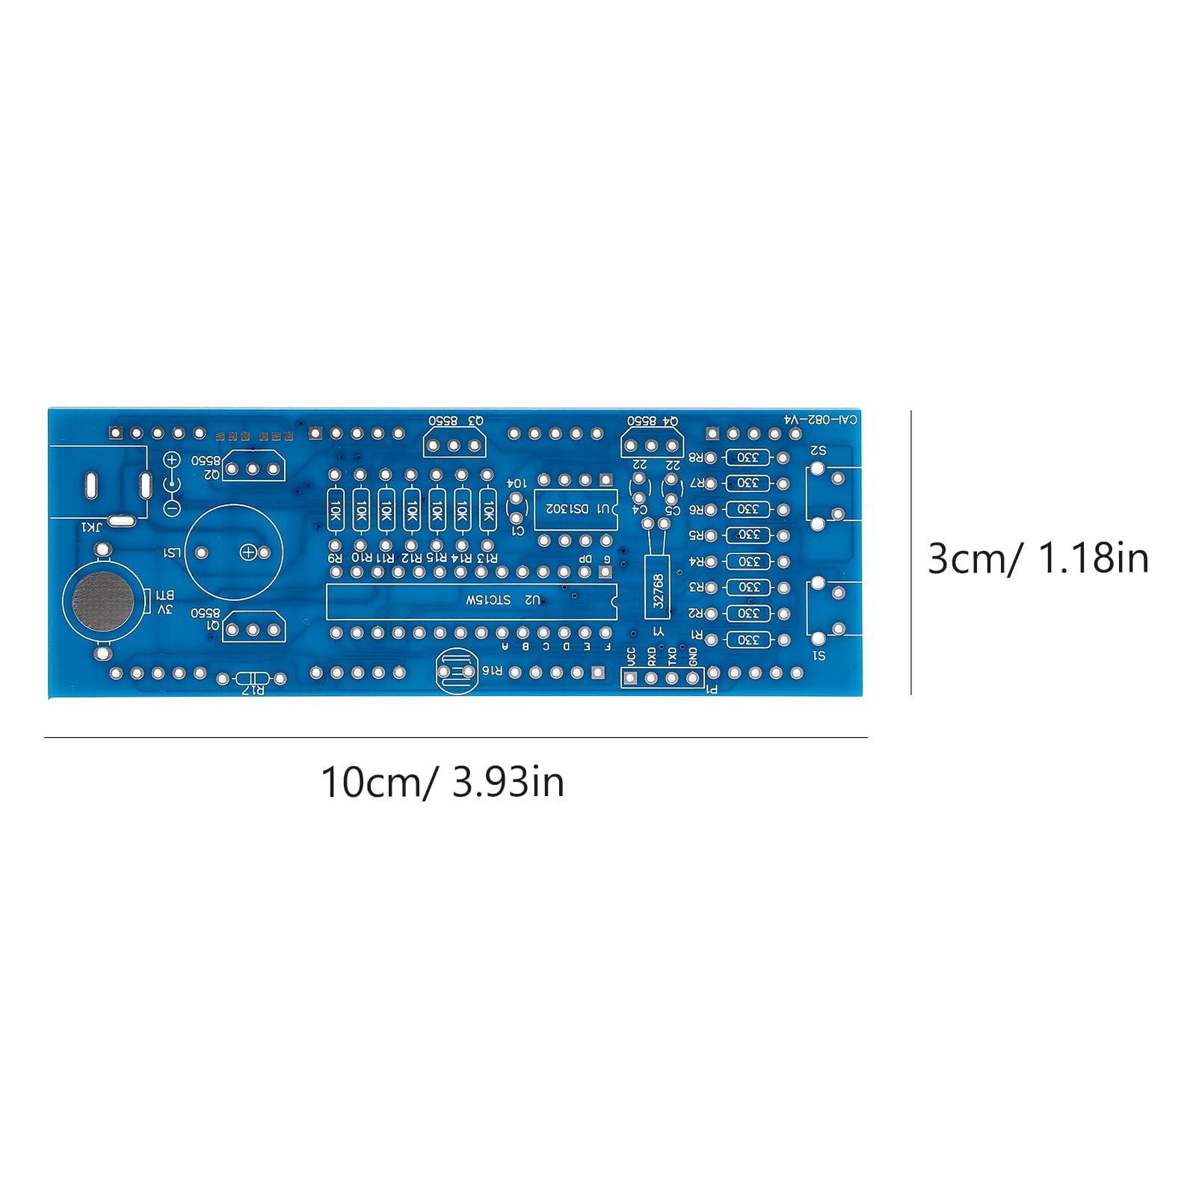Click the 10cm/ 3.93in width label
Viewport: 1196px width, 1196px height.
442,783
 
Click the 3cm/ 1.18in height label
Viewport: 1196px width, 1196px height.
1038,558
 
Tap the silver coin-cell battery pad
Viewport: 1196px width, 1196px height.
103,600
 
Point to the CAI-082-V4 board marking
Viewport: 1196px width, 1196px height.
820,420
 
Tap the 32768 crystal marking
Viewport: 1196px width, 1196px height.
658,592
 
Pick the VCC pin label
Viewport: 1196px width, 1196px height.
632,657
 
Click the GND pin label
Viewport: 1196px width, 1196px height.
694,657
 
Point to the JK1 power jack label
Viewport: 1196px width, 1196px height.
93,528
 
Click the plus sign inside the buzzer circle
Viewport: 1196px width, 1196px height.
248,552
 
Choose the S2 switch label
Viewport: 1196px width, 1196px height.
819,451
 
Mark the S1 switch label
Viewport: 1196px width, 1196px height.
819,656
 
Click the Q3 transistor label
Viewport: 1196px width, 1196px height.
475,422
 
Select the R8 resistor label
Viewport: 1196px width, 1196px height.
695,457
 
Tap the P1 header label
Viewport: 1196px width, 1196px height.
712,689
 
